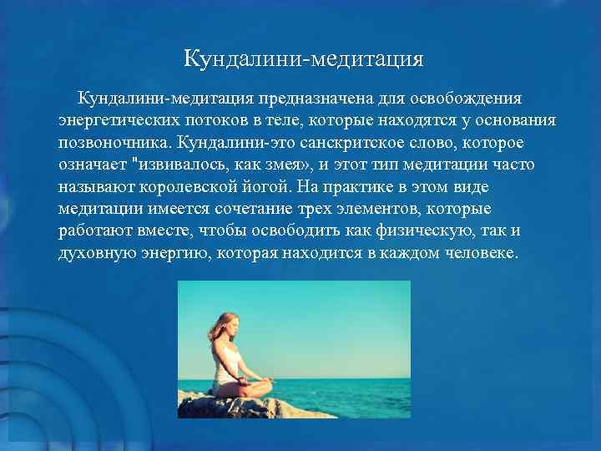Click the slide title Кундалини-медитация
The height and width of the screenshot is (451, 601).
[x=304, y=59]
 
